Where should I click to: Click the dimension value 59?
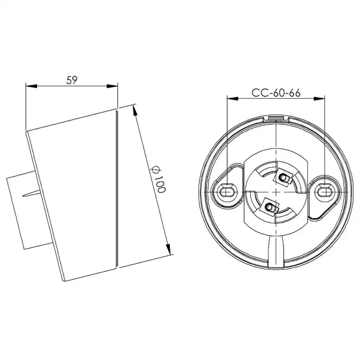click(72, 80)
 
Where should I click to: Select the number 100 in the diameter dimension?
click(159, 185)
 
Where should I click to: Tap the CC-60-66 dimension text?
click(276, 93)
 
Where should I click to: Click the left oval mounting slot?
click(226, 191)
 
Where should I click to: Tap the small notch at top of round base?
click(276, 117)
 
